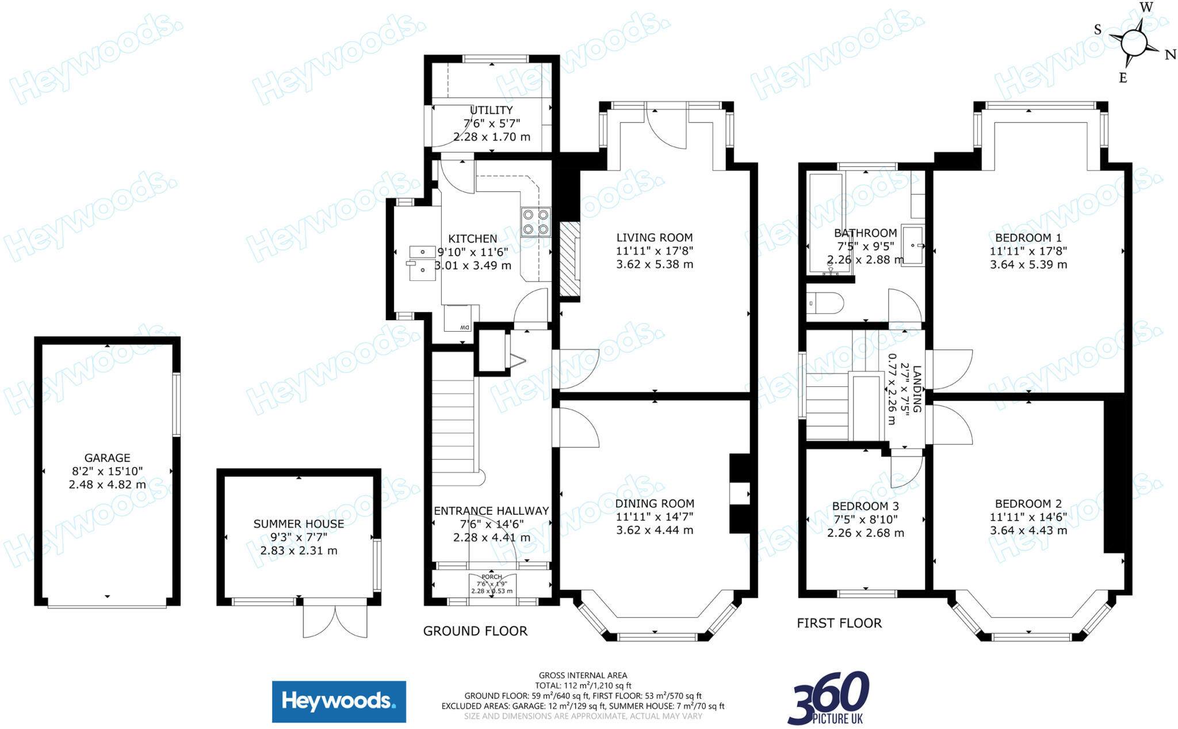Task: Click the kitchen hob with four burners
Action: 536,222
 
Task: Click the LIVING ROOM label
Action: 655,237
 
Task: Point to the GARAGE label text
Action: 108,458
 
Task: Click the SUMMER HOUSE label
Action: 299,524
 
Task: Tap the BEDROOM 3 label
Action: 865,506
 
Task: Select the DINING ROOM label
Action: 655,503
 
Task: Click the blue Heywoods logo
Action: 339,701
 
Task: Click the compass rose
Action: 1134,42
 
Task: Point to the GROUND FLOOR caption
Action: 475,631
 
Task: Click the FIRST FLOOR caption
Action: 839,623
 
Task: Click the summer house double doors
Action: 335,617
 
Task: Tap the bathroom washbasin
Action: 912,245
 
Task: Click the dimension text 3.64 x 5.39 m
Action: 1028,265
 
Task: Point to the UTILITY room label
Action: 491,110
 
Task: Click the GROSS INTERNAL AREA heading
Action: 583,675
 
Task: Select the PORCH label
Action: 492,576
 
